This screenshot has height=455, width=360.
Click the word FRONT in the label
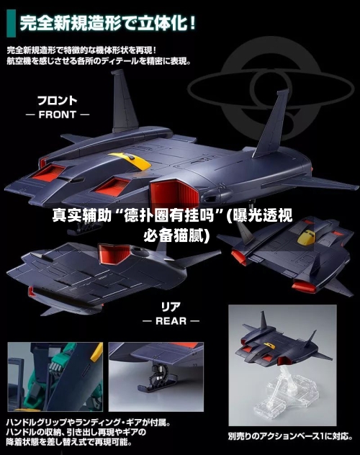pyautogui.click(x=57, y=114)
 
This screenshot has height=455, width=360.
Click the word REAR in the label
pyautogui.click(x=171, y=321)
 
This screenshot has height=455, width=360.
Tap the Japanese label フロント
pyautogui.click(x=58, y=100)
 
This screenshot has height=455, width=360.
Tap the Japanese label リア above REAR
pyautogui.click(x=171, y=307)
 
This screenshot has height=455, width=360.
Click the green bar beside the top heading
pyautogui.click(x=11, y=23)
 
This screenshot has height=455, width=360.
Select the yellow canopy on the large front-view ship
pyautogui.click(x=130, y=161)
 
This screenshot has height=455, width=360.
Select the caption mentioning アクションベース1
pyautogui.click(x=290, y=436)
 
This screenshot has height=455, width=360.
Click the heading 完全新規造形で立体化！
pyautogui.click(x=108, y=23)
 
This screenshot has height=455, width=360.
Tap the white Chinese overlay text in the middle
pyautogui.click(x=172, y=225)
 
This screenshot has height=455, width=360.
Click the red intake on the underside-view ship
pyautogui.click(x=114, y=253)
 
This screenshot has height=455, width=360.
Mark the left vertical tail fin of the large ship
pyautogui.click(x=124, y=101)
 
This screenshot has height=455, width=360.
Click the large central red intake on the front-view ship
pyautogui.click(x=175, y=192)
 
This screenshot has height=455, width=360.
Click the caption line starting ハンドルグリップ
pyautogui.click(x=88, y=422)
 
